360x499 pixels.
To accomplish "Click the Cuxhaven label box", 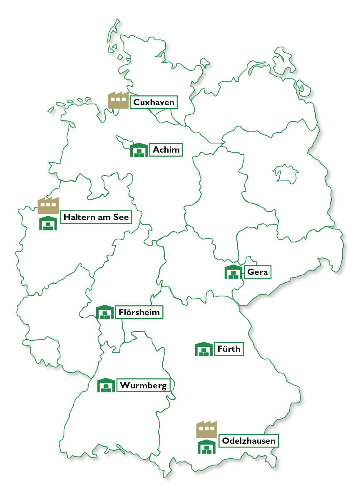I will point(154,102).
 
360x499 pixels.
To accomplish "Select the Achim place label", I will point(166,150).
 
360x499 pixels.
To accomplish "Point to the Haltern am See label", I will point(96,217).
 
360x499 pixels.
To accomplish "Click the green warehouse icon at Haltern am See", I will point(48,224).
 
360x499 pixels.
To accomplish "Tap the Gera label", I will point(258,272).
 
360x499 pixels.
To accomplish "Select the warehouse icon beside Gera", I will point(233,272).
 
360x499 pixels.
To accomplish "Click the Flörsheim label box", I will point(139,312).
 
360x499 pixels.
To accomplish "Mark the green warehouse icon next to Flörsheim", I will point(105,313).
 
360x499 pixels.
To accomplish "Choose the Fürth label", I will point(228,349).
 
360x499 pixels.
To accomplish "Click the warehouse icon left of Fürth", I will point(204,349).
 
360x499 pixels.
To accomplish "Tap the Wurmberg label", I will point(144,385).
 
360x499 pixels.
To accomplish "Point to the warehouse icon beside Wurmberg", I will point(106,385).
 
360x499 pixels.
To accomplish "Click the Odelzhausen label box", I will point(248,441).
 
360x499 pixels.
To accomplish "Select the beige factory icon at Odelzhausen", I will point(206,430).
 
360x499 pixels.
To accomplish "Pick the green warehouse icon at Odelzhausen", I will point(206,447).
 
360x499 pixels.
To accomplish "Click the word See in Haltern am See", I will point(121,217).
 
